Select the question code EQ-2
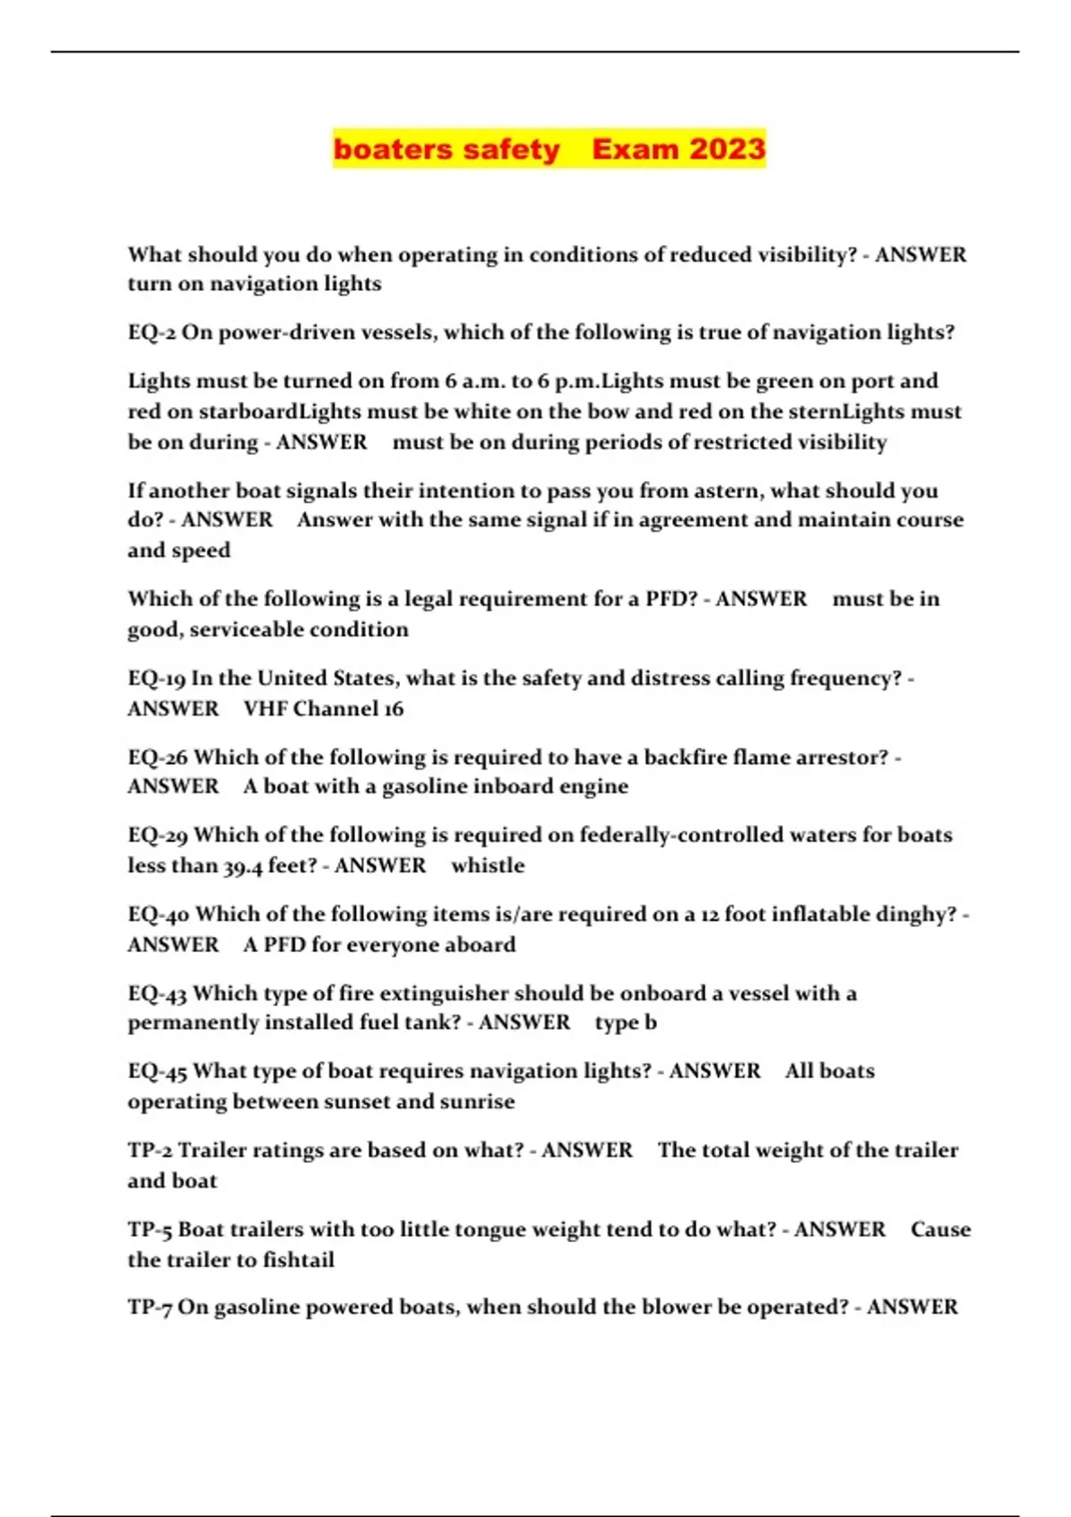tap(152, 333)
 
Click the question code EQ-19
tap(156, 678)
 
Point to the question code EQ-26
tap(158, 758)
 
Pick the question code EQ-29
tap(158, 835)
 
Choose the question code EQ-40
tap(158, 915)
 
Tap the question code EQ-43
tap(157, 994)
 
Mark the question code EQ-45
tap(157, 1071)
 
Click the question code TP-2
tap(150, 1150)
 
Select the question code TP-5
tap(150, 1230)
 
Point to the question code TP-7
tap(150, 1307)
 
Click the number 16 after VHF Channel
tap(394, 709)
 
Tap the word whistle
tap(488, 866)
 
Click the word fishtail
tap(298, 1260)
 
